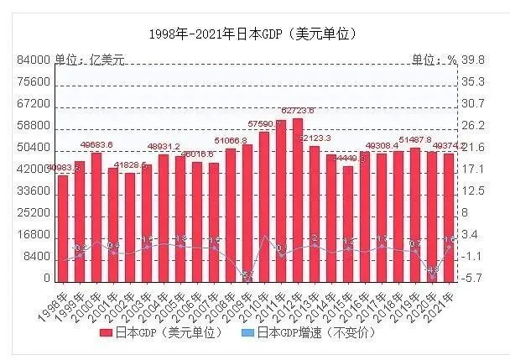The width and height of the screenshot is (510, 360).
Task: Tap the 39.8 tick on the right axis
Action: (474, 60)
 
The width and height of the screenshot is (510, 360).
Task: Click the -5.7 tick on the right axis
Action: (474, 278)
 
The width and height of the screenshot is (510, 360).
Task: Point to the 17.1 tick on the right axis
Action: (474, 169)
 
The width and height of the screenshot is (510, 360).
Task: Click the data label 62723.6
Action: (298, 111)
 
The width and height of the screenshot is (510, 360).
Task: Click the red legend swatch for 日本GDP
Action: (106, 333)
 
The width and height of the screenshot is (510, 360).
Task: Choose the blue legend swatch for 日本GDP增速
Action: (248, 333)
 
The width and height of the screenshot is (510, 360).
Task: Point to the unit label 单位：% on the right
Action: (434, 60)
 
